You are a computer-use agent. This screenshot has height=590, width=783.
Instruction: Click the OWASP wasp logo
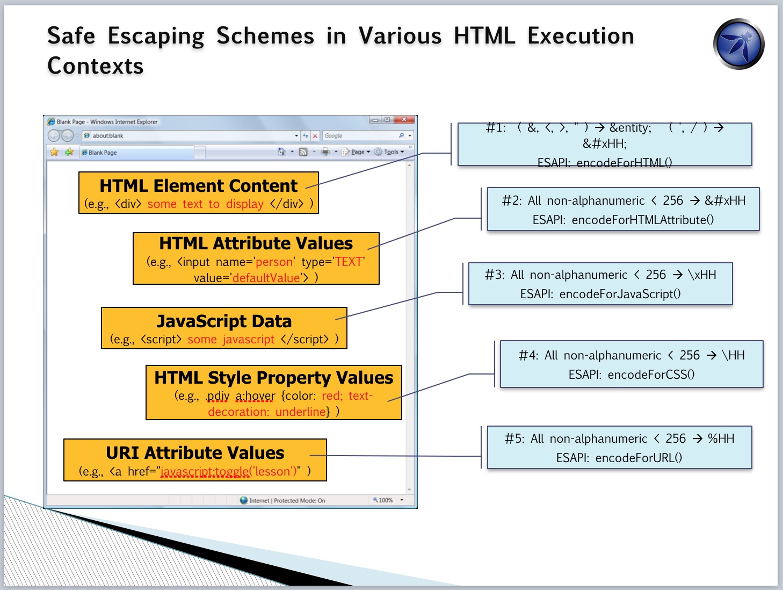(738, 44)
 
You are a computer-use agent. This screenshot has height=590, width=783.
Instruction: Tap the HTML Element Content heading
(198, 185)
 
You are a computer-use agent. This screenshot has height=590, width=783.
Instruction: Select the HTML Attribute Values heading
(256, 243)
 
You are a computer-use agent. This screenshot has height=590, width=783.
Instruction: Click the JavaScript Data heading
(224, 321)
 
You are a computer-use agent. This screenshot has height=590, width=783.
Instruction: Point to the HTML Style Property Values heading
(273, 378)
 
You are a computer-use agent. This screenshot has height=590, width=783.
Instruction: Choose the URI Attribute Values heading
(195, 452)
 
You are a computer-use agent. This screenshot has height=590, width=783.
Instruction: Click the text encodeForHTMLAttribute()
(643, 220)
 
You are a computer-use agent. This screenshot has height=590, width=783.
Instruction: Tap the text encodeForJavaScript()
(620, 294)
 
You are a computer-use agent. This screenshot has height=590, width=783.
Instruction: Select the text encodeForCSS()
(651, 375)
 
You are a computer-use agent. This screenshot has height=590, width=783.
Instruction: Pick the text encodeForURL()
(639, 458)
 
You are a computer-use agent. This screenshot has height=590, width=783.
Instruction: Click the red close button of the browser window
(404, 120)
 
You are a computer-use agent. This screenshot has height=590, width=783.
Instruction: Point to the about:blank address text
(108, 135)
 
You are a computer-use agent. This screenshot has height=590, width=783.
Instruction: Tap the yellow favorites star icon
(54, 152)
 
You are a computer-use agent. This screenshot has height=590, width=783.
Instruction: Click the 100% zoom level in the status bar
(386, 500)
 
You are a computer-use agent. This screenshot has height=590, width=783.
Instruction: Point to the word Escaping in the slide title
(156, 36)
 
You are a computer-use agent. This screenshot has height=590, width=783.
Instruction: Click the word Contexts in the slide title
(95, 66)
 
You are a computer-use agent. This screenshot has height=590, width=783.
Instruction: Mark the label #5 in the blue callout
(514, 438)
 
